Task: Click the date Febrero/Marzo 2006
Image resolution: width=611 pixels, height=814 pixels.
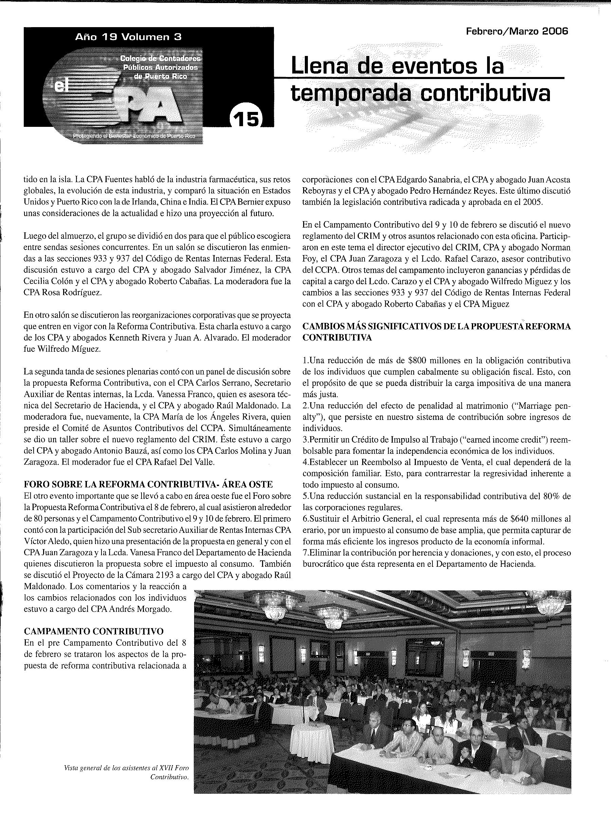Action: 517,32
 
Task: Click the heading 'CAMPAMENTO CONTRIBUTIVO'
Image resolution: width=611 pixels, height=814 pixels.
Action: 94,631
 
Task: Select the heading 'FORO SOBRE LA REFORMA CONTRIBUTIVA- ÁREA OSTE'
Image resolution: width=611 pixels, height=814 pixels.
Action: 148,484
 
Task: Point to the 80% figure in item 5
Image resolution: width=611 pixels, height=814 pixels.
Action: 552,496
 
